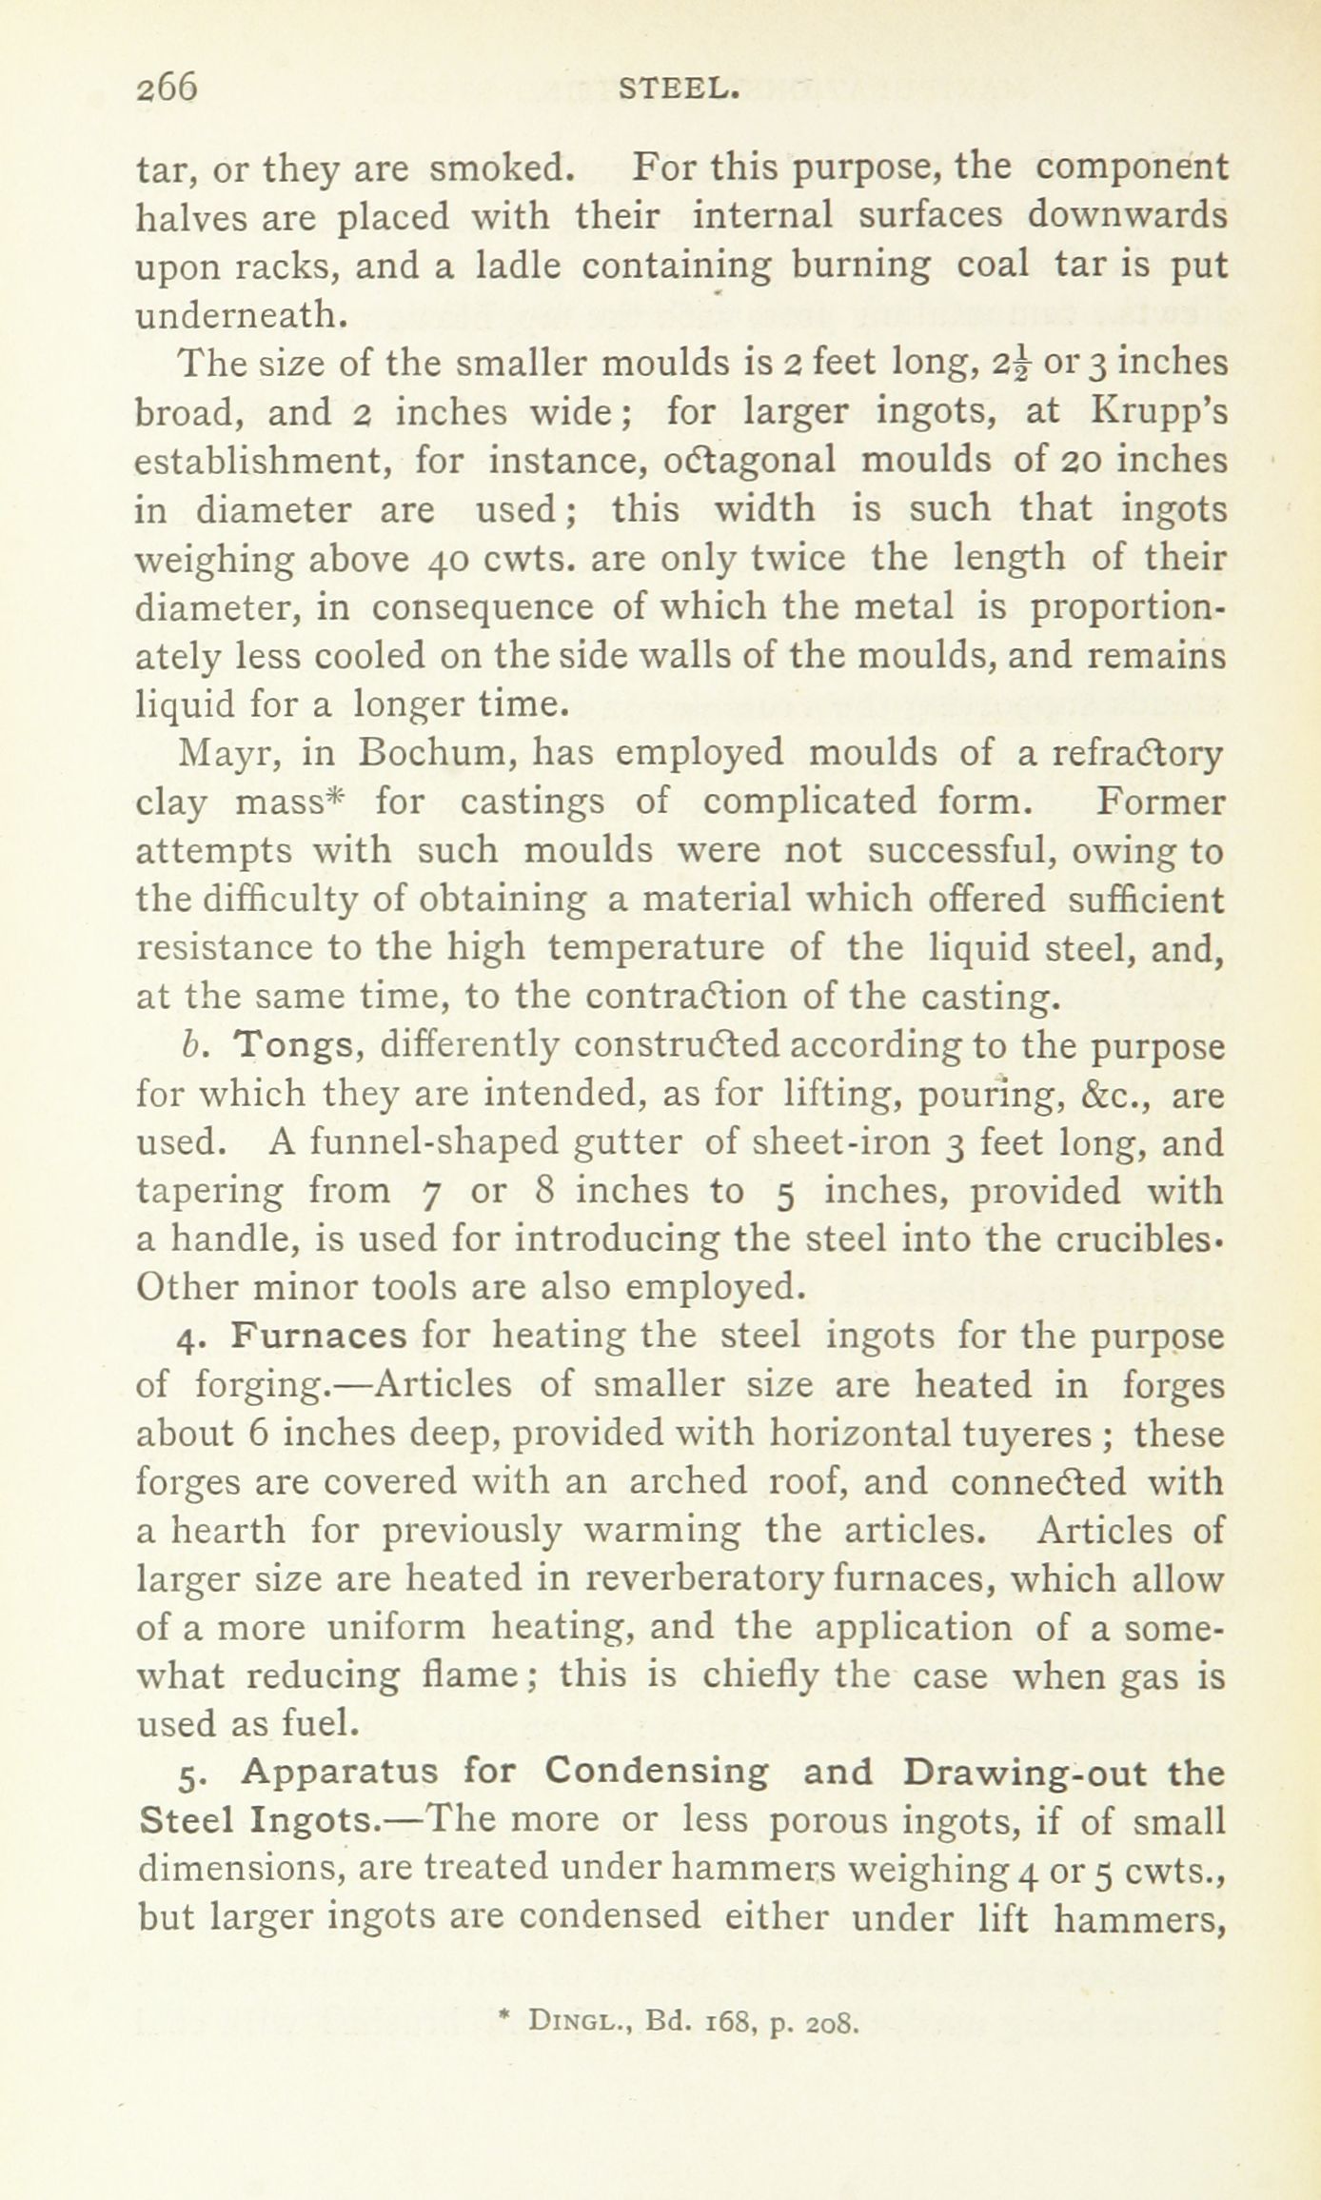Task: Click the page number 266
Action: click(167, 88)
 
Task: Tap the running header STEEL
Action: click(679, 89)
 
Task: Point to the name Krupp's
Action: click(1158, 411)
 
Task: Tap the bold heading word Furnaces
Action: click(319, 1336)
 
